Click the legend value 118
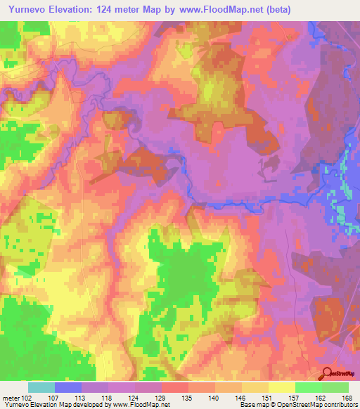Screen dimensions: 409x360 click(x=108, y=397)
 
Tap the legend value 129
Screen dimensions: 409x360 click(x=161, y=397)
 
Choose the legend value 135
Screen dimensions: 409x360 click(x=188, y=397)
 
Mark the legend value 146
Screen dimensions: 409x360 click(x=241, y=397)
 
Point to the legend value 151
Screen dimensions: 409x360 click(x=268, y=397)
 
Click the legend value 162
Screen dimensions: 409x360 click(x=321, y=397)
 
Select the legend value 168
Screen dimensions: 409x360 click(x=348, y=397)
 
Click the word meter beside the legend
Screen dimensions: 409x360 click(x=11, y=397)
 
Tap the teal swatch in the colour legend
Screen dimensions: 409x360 click(x=41, y=387)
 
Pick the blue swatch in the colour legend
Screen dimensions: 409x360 click(x=68, y=387)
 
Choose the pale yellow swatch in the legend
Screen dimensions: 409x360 click(x=281, y=387)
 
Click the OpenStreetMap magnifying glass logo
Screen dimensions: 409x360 click(x=328, y=373)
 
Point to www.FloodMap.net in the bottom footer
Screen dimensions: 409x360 click(x=139, y=405)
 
